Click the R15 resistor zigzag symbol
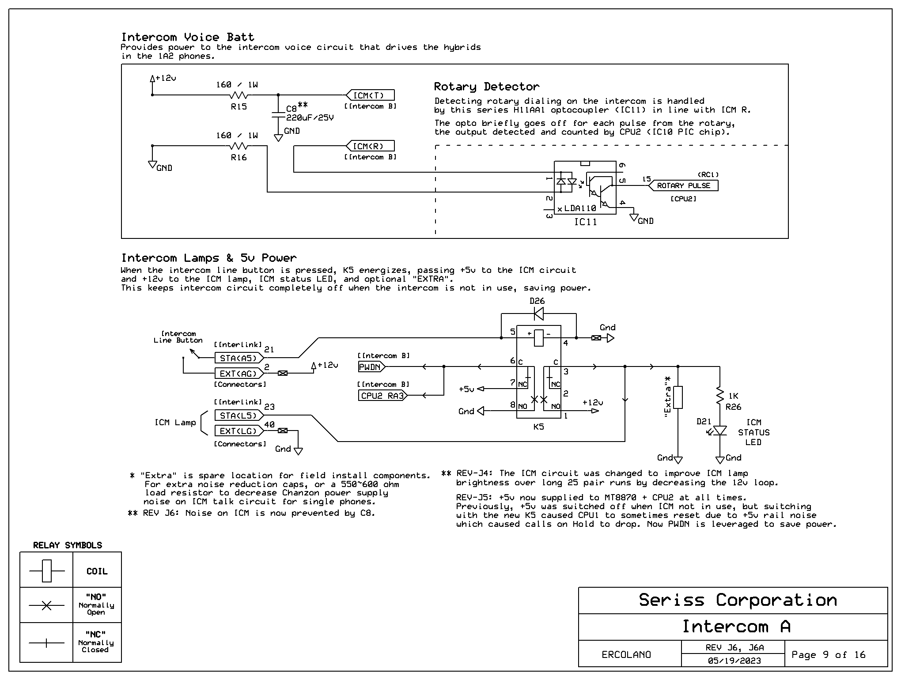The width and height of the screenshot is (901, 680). (239, 95)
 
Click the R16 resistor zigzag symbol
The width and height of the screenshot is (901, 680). (239, 146)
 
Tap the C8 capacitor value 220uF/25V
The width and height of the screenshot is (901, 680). (310, 118)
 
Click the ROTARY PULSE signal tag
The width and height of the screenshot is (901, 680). (683, 186)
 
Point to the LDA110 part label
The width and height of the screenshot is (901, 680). (580, 208)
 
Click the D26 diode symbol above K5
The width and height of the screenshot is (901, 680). (538, 314)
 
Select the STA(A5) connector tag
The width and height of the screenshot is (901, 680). (239, 358)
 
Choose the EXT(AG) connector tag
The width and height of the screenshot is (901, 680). (239, 374)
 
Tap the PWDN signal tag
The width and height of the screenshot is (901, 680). (371, 367)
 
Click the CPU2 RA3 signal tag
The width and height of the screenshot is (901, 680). (382, 396)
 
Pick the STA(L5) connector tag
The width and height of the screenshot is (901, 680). (239, 416)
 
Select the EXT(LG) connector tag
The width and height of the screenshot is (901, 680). (239, 431)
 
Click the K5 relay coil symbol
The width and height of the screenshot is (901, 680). (538, 338)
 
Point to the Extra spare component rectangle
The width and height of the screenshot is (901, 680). (678, 397)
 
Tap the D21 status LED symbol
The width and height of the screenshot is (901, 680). (719, 431)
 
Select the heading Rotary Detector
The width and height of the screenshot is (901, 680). (487, 87)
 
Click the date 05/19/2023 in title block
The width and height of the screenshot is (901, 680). (734, 661)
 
